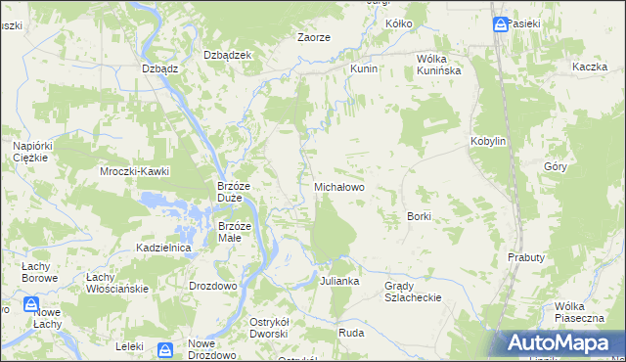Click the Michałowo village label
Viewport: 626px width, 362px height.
[338, 186]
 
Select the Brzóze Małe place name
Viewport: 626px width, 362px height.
[235, 232]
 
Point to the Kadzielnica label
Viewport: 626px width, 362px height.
[163, 249]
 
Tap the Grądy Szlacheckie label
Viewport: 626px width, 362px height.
[413, 292]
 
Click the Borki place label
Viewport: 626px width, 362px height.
[419, 216]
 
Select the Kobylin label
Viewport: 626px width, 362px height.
[488, 141]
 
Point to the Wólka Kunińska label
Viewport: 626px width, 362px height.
[438, 65]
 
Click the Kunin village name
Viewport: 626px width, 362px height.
[364, 70]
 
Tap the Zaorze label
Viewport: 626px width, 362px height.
[313, 37]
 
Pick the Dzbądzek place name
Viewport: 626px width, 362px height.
[227, 55]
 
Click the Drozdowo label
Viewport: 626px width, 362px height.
[212, 286]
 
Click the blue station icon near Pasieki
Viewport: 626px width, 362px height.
[501, 23]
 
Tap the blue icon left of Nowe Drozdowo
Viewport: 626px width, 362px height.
[165, 349]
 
